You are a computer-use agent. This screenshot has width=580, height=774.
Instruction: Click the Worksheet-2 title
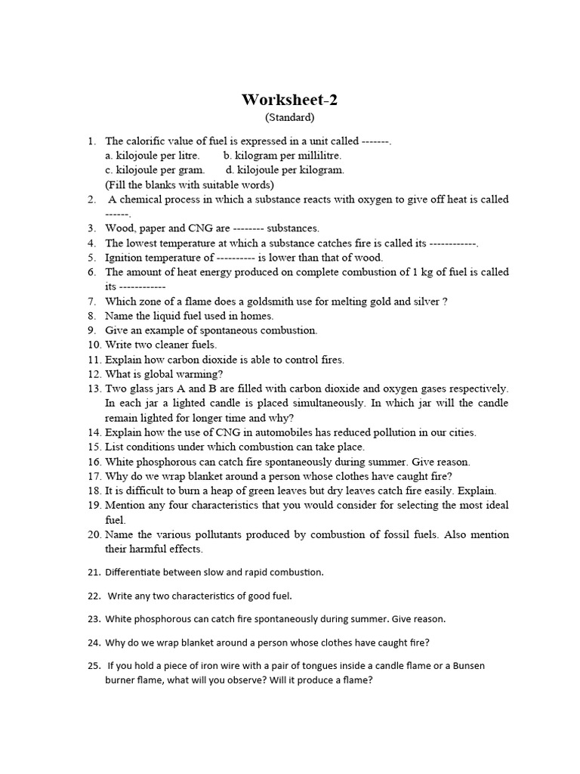(289, 100)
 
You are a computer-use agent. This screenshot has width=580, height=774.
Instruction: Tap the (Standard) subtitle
(289, 118)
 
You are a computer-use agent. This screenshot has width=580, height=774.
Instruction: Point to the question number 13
(93, 389)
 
